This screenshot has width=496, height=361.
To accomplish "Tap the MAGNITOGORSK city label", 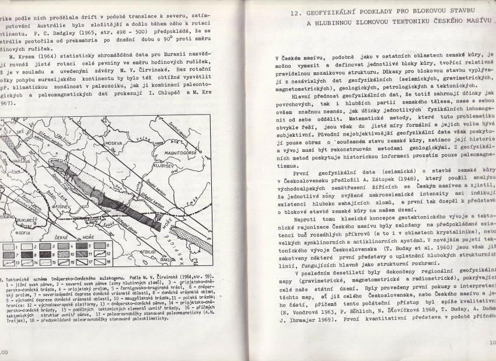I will click(x=181, y=151).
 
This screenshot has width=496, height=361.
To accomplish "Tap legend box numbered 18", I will click(x=110, y=263).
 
